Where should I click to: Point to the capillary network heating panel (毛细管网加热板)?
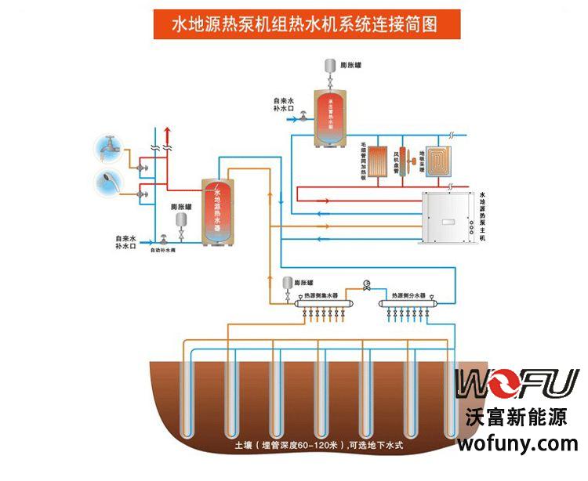point(379,163)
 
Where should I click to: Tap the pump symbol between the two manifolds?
point(366,284)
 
